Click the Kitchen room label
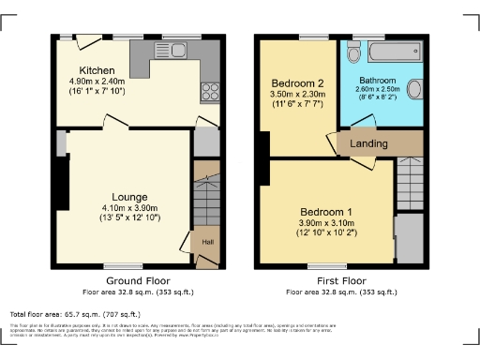[97, 70]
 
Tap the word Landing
[368, 143]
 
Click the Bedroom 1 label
[326, 211]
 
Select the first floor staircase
[410, 174]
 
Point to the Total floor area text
[75, 314]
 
